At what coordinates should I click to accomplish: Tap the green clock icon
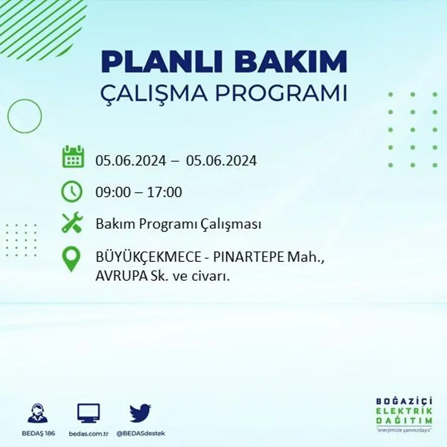[72, 191]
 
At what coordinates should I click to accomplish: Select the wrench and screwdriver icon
[72, 222]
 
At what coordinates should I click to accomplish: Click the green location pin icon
[72, 259]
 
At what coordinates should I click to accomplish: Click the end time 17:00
[165, 193]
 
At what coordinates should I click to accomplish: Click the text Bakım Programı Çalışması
[178, 224]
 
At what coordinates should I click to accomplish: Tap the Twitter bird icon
[140, 412]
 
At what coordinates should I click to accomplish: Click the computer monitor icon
[88, 412]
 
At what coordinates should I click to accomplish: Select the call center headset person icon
[38, 413]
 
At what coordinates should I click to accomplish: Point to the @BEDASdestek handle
[141, 433]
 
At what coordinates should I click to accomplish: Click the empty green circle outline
[24, 116]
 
